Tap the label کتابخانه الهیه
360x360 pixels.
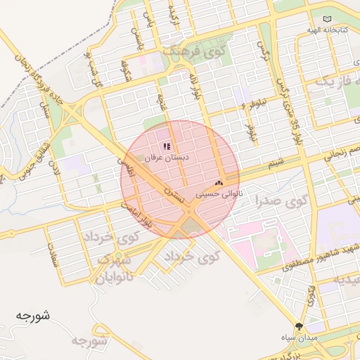(328, 31)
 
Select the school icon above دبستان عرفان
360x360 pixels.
(167, 147)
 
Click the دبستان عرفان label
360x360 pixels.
(167, 159)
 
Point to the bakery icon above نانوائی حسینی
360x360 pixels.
(218, 182)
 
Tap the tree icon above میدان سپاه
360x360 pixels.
(300, 326)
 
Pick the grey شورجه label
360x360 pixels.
(87, 342)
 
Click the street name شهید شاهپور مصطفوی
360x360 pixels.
(314, 258)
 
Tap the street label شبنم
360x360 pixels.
(276, 163)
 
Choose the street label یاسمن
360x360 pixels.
(148, 28)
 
